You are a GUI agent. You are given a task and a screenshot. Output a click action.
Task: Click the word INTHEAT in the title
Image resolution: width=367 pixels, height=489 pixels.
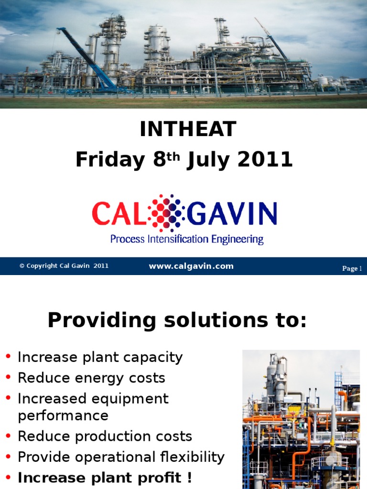(188, 129)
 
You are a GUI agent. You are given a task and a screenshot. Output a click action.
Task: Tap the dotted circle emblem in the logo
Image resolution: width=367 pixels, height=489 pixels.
(166, 211)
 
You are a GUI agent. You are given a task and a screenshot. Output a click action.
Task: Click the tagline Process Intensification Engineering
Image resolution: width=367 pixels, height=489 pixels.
(187, 238)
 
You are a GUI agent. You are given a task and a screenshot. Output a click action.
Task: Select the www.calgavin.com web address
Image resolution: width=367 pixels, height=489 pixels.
(191, 266)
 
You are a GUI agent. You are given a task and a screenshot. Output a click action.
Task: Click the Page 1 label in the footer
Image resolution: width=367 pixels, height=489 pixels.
(352, 268)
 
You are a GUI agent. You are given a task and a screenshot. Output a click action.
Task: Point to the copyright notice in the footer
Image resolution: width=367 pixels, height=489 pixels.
(64, 266)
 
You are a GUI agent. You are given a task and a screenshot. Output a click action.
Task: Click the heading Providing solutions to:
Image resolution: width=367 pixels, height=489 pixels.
(177, 321)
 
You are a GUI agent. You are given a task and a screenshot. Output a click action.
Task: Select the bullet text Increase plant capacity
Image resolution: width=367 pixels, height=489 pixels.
(100, 357)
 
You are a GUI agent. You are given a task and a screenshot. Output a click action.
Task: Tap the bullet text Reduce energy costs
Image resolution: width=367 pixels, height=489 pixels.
(91, 378)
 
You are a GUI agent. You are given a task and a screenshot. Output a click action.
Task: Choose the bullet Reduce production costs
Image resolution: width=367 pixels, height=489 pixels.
(105, 436)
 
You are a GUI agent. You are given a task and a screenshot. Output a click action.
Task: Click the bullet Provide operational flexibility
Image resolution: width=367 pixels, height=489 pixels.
(121, 457)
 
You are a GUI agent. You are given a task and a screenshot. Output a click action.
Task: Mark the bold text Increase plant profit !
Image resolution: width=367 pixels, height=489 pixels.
(105, 478)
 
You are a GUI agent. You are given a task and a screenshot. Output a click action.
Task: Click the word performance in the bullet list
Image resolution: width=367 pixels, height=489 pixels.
(63, 415)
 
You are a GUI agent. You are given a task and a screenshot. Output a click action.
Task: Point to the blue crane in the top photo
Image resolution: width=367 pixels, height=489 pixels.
(88, 60)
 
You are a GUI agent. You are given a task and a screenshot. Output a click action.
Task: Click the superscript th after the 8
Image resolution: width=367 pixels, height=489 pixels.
(174, 155)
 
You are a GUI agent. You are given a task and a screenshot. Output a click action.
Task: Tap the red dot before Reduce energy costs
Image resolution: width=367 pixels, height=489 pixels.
(8, 378)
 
